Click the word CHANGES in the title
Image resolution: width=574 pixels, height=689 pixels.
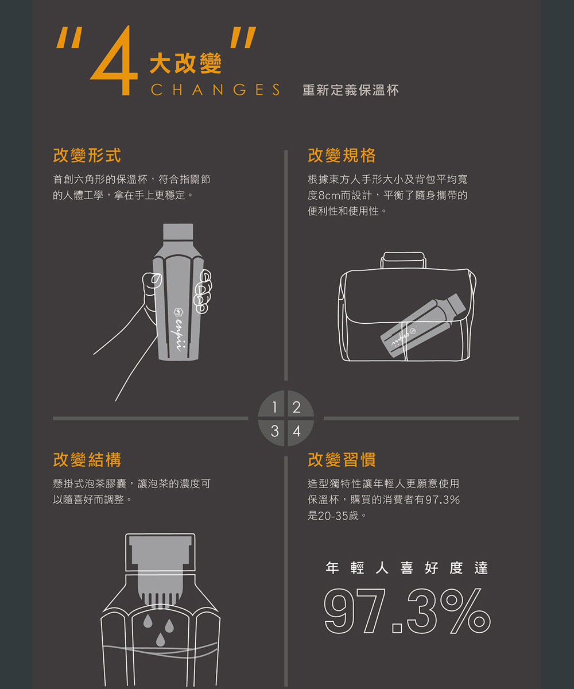coord(215,90)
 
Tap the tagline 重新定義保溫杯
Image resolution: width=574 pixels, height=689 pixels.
coord(350,90)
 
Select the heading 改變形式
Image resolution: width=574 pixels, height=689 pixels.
coord(87,155)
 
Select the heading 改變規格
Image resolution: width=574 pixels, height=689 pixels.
coord(342,155)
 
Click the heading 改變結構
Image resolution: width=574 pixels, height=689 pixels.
coord(87,459)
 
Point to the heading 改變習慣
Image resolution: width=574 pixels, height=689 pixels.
coord(342,459)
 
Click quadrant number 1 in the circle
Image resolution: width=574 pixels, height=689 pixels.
coord(275,408)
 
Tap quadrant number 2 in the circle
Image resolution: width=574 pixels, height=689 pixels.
coord(296,408)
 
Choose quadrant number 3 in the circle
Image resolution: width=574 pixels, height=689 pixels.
coord(275,431)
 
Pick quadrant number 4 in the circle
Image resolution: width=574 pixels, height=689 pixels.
coord(296,431)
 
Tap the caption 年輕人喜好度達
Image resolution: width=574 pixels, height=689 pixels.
coord(407,568)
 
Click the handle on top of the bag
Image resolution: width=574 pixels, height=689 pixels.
coord(405,260)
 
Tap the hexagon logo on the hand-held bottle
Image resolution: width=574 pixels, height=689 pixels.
coord(177,312)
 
